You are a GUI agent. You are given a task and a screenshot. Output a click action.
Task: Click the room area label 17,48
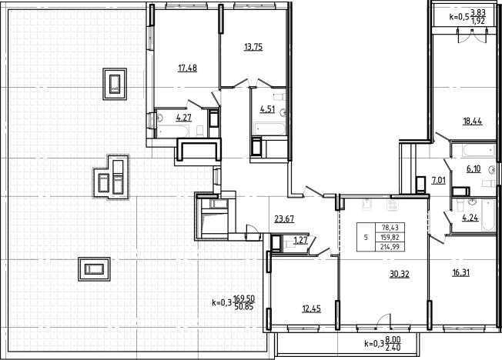(188, 68)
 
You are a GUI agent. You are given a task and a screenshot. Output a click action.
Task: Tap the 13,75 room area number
(253, 48)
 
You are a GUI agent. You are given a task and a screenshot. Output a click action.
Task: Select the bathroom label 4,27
(184, 118)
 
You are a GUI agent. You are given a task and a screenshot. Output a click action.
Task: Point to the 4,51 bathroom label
(267, 109)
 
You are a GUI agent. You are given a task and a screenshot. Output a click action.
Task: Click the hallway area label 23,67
(284, 219)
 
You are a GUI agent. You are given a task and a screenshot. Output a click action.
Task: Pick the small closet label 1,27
(300, 240)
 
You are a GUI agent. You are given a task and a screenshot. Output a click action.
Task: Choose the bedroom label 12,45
(312, 308)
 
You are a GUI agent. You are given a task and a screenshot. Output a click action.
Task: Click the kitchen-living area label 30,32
(400, 274)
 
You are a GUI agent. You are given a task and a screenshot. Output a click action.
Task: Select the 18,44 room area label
(473, 122)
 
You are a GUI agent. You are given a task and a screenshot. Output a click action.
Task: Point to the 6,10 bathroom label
(474, 168)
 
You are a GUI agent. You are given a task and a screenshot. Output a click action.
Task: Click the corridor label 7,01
(439, 181)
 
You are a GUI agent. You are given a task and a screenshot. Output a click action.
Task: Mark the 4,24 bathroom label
(470, 218)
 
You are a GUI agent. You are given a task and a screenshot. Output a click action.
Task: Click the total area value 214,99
(390, 247)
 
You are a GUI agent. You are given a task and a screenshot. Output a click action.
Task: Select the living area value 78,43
(390, 228)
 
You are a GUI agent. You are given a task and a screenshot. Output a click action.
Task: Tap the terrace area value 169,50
(244, 299)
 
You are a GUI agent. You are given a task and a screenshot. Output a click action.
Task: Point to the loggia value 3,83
(478, 13)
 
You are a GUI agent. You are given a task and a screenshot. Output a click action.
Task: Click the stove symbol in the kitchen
(392, 205)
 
